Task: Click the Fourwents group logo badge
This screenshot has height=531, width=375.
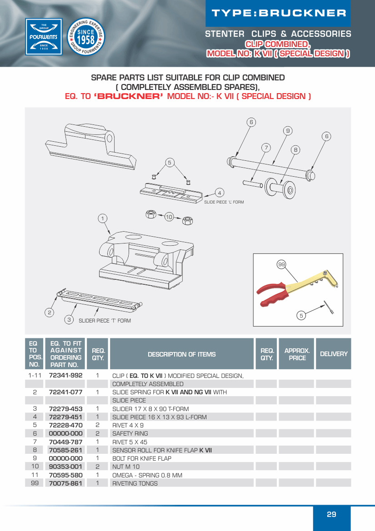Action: [x=44, y=36]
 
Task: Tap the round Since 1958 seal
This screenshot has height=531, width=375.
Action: [x=86, y=36]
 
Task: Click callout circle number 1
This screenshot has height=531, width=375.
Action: [x=103, y=218]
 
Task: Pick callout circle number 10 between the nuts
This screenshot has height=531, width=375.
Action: [x=169, y=217]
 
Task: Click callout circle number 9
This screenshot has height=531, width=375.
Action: [x=287, y=131]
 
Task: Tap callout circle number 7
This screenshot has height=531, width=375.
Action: [x=266, y=147]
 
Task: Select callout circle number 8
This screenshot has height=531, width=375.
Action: [x=295, y=149]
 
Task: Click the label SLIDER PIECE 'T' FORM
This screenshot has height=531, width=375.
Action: [x=105, y=321]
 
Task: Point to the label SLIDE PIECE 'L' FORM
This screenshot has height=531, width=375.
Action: [x=224, y=202]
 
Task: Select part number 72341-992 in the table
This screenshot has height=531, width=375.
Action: [x=65, y=376]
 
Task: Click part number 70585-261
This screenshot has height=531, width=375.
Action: [x=65, y=450]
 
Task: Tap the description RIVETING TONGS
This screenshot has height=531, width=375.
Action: [x=135, y=483]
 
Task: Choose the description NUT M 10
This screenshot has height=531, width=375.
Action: [x=126, y=466]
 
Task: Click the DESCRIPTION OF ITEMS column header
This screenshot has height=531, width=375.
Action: [x=181, y=354]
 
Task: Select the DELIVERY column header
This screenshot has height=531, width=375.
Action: [x=334, y=354]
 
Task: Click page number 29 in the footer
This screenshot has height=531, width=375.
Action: [x=331, y=514]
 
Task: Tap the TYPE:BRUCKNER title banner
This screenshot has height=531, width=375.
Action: [x=279, y=13]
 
